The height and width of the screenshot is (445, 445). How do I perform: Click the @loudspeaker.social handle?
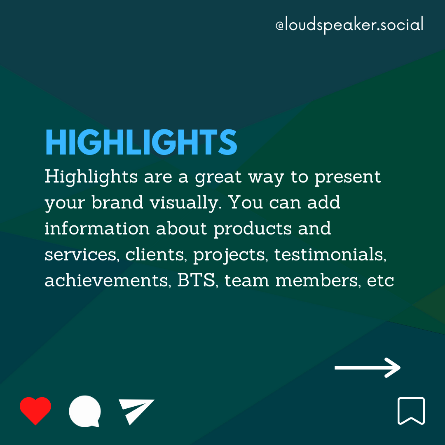pos(349,25)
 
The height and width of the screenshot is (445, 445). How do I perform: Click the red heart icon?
pos(35,410)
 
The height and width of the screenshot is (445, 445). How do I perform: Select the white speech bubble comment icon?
pos(85,411)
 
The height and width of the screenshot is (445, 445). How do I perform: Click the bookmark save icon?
pos(411,411)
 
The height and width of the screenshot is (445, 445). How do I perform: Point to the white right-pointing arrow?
pos(368,368)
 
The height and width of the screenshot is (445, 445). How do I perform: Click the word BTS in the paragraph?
pos(196,281)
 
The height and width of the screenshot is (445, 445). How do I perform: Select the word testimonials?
pos(330,254)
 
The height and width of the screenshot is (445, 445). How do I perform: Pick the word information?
pos(97,228)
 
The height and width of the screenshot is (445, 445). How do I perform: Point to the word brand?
pos(117,202)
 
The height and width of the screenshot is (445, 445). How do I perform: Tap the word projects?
pos(230,255)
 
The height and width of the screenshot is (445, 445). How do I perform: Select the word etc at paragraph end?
pos(380,281)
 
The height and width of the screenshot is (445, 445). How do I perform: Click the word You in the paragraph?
pos(246,202)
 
